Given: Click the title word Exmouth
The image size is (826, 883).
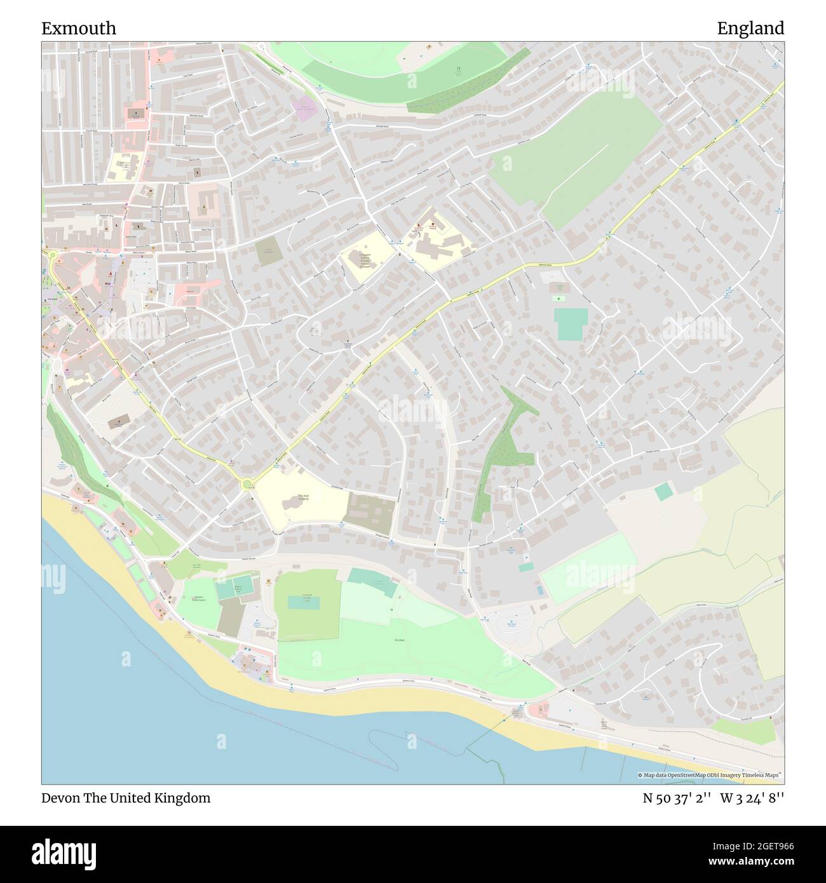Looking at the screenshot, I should [79, 28].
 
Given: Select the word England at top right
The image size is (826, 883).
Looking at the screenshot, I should [750, 28].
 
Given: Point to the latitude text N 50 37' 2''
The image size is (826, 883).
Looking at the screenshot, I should [677, 798].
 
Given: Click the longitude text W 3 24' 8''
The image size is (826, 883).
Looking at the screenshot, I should [752, 798].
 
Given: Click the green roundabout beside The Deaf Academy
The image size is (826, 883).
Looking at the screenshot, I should [247, 485].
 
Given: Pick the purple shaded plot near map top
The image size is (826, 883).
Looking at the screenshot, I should [304, 109].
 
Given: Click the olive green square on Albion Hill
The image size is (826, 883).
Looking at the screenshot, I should [269, 252].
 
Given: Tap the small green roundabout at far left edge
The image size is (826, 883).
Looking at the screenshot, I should [52, 256].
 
